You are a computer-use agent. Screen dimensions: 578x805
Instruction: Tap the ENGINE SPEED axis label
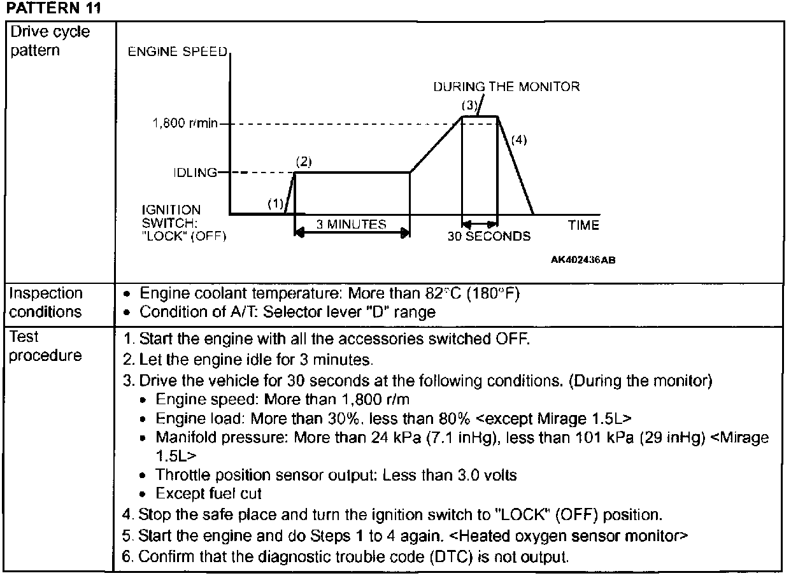(178, 52)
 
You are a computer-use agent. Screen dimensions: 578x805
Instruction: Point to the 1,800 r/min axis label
(185, 124)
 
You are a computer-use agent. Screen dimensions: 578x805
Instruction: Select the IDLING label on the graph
(196, 173)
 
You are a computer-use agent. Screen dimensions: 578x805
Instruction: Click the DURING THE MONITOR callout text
(506, 87)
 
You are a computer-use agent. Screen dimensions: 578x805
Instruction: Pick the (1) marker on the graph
(275, 204)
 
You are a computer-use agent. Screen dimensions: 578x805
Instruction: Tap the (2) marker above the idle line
(304, 161)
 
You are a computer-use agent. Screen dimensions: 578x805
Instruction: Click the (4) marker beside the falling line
(519, 140)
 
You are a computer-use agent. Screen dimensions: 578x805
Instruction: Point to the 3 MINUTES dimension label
(352, 224)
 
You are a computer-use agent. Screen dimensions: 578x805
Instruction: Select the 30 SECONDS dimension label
(488, 236)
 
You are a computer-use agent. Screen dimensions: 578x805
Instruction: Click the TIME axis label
(583, 225)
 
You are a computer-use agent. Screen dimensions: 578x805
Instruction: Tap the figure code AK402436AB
(583, 260)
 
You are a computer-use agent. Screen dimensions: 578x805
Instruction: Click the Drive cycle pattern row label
(50, 41)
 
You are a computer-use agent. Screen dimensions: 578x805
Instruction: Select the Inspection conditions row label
(46, 302)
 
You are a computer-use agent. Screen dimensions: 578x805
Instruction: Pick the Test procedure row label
(46, 346)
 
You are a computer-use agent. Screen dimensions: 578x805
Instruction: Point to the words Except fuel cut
(209, 493)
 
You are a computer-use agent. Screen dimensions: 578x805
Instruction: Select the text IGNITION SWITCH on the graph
(171, 216)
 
